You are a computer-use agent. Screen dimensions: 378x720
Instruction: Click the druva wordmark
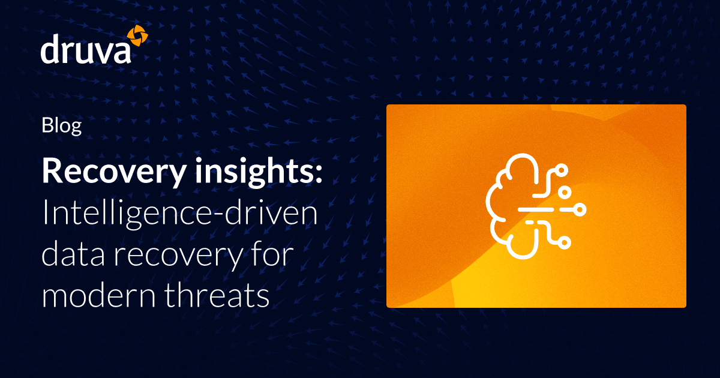[x=85, y=50]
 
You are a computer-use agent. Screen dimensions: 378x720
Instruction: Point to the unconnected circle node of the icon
[x=565, y=191]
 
